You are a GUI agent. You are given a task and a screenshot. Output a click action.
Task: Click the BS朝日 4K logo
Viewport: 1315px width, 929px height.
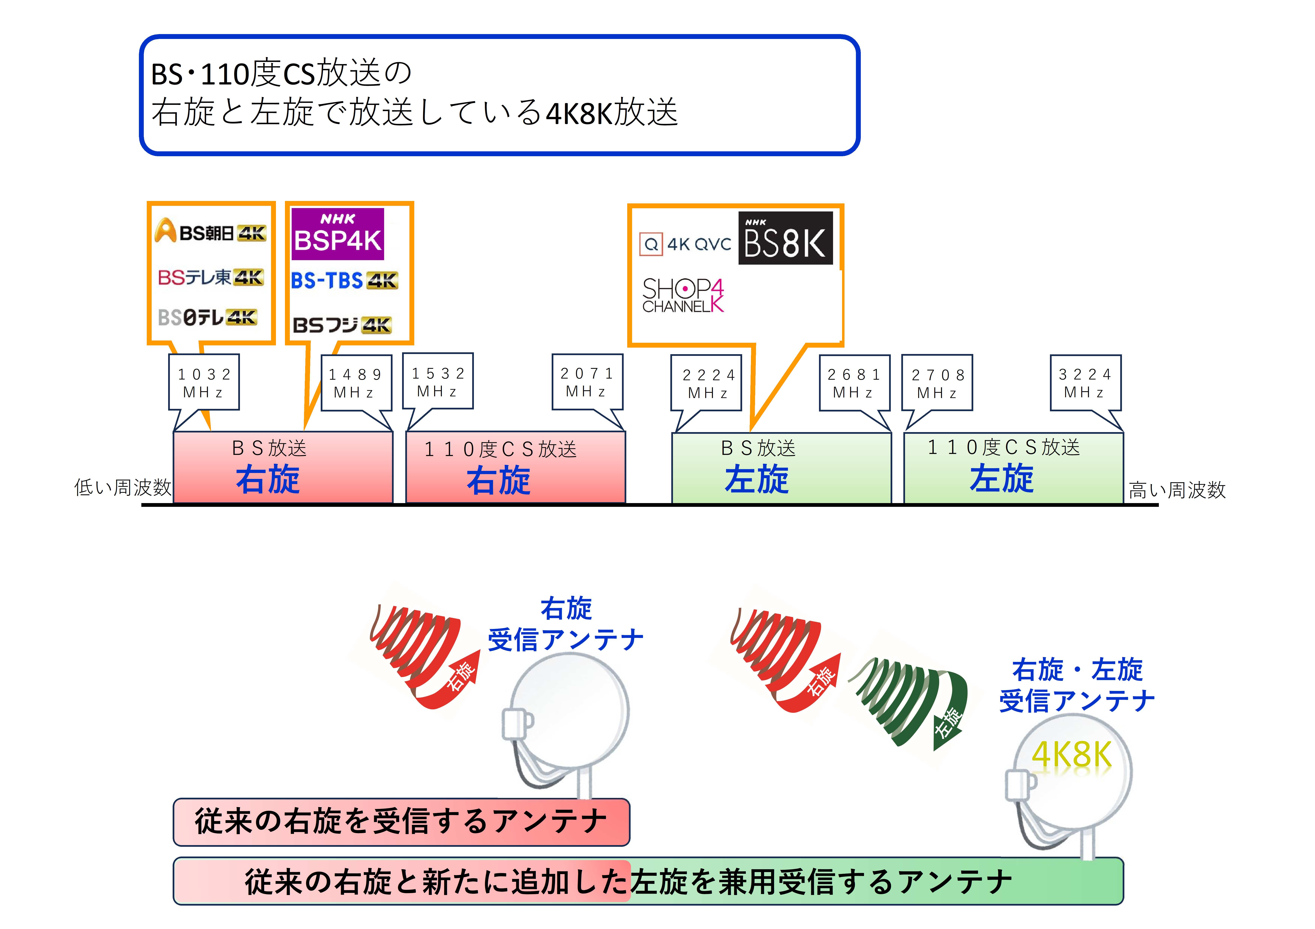click(210, 231)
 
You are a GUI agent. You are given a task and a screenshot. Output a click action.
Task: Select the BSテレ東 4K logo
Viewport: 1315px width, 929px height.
click(211, 278)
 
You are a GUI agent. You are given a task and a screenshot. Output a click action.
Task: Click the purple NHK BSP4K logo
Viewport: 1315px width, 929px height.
click(338, 234)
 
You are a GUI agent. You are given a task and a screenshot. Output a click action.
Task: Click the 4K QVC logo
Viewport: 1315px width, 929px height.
click(686, 244)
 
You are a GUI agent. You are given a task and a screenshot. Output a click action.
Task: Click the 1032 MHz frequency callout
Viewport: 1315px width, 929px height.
click(204, 382)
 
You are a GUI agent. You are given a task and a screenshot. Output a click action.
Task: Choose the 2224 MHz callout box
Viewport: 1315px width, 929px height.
click(706, 383)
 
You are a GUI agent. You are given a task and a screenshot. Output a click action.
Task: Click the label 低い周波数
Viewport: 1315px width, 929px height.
click(123, 488)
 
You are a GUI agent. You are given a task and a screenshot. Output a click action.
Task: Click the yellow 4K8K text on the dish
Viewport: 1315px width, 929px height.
click(1071, 754)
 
